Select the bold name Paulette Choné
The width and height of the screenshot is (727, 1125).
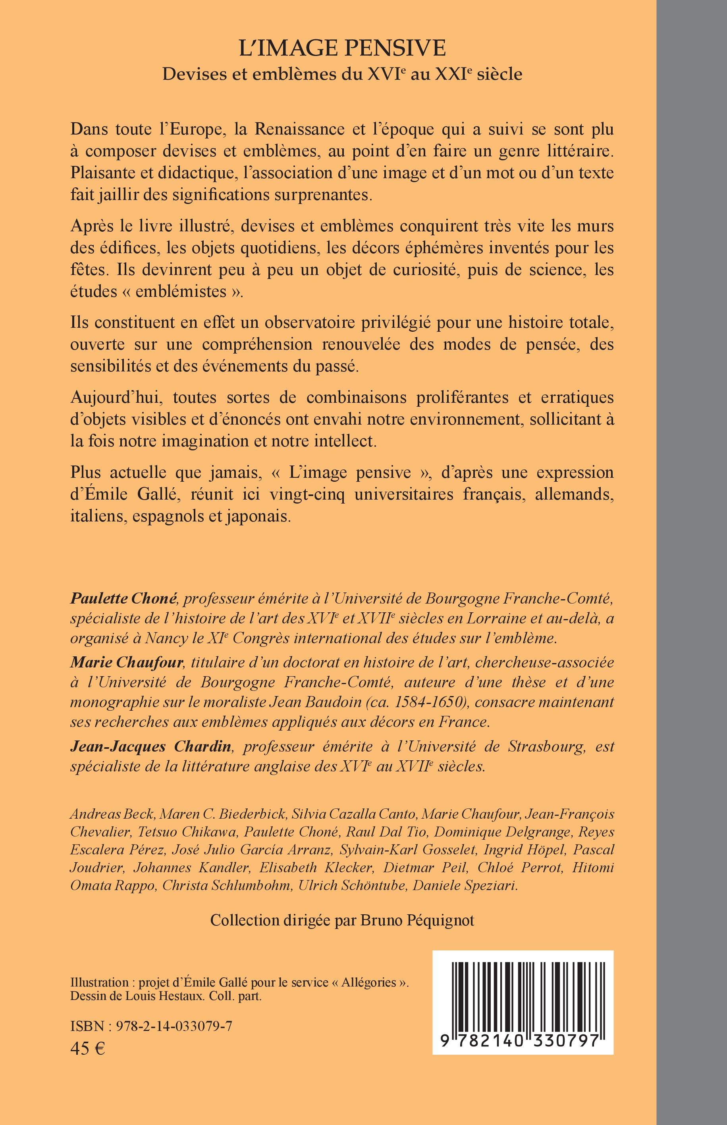click(123, 599)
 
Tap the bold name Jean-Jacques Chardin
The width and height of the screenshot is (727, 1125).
click(150, 747)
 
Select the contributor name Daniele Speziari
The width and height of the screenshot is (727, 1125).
click(465, 886)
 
